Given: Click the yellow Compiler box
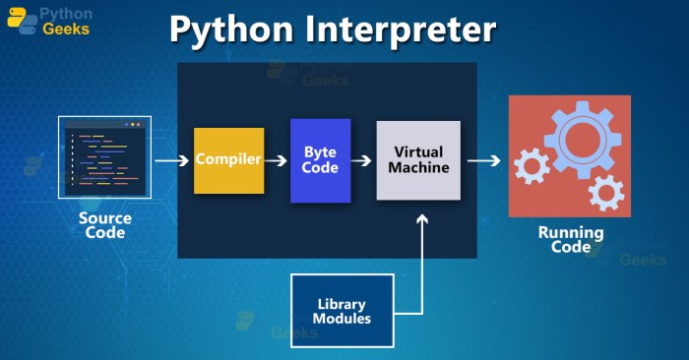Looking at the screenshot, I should (228, 159).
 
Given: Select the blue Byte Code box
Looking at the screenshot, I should (321, 159).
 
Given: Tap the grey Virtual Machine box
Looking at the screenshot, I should (418, 160).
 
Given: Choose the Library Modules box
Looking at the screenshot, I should (343, 311).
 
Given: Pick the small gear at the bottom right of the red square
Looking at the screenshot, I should (604, 193).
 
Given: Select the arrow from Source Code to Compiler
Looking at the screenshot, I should (172, 159).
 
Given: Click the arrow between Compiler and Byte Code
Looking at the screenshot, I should (277, 159).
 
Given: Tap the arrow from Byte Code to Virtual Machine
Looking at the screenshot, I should (363, 159).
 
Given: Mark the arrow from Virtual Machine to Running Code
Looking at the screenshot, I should (483, 159).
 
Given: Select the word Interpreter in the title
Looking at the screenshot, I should (410, 30).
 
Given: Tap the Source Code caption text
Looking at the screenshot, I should (105, 225).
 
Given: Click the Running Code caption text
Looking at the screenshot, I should (570, 240).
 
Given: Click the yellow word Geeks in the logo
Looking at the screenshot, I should (65, 30).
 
